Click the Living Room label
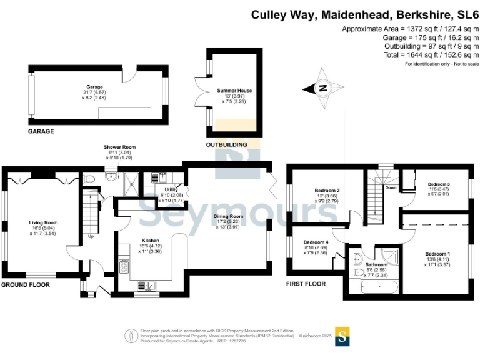pos(43,223)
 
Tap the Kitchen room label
pos(150,241)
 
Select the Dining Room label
pos(228,216)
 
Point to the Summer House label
pos(234,91)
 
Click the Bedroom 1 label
pos(437,254)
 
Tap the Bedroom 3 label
pos(439,184)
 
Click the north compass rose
pos(323,89)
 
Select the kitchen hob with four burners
pos(124,267)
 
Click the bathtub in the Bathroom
pos(379,287)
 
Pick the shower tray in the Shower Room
pos(132,184)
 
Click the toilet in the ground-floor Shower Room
pos(89,179)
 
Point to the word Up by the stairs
pos(91,236)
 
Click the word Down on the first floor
pos(391,187)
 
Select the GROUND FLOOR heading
pos(26,285)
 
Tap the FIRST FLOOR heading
pos(306,284)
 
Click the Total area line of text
pos(431,55)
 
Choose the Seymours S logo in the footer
pos(342,336)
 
